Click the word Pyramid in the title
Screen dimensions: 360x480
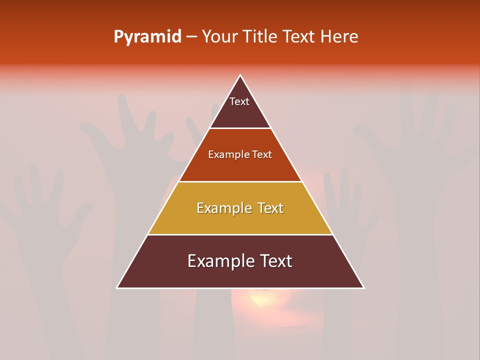pyautogui.click(x=147, y=37)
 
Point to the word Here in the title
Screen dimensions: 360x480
pyautogui.click(x=339, y=36)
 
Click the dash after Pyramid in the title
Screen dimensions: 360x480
pyautogui.click(x=191, y=37)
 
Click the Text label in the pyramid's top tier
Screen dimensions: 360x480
pyautogui.click(x=239, y=101)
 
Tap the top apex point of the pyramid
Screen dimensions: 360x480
pyautogui.click(x=240, y=75)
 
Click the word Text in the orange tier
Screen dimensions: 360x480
pyautogui.click(x=262, y=154)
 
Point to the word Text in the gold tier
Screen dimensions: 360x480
pyautogui.click(x=268, y=208)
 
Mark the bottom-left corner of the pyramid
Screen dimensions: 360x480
pyautogui.click(x=117, y=287)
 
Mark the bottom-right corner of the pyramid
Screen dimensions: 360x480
pyautogui.click(x=363, y=287)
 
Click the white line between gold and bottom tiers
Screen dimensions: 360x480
pyautogui.click(x=240, y=234)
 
